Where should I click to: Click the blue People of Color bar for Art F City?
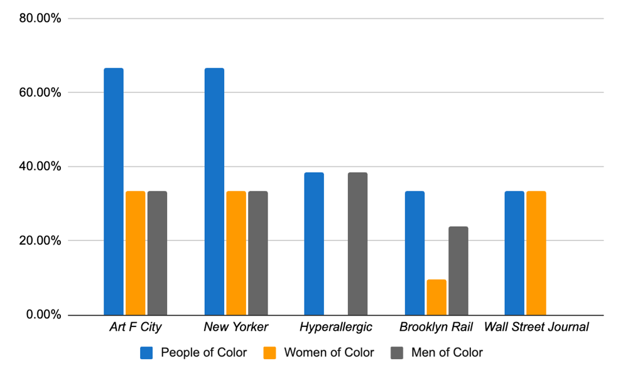[x=114, y=191]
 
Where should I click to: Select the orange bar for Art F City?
[x=136, y=253]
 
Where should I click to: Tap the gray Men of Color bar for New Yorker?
[x=257, y=253]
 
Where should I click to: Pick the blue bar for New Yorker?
[x=214, y=191]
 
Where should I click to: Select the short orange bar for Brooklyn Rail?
[x=436, y=298]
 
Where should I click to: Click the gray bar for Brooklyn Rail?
[x=458, y=271]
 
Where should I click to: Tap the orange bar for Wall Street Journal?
[x=536, y=253]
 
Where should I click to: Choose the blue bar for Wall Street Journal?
[x=514, y=253]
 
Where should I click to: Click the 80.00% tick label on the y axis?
[x=40, y=18]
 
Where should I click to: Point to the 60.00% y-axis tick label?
[x=40, y=92]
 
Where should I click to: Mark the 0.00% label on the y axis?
[x=43, y=315]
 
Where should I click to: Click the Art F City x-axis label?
[x=135, y=327]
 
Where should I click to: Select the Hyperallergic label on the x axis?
[x=336, y=327]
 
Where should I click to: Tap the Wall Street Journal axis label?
[x=536, y=327]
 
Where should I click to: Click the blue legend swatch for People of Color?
[x=146, y=353]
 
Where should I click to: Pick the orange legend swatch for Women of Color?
[x=269, y=353]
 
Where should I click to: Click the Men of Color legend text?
[x=447, y=353]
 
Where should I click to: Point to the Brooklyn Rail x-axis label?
[x=436, y=327]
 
